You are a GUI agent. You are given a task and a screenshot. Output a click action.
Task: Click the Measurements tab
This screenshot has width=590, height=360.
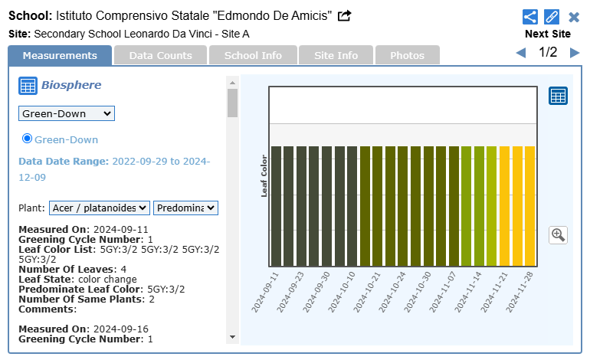click(x=60, y=55)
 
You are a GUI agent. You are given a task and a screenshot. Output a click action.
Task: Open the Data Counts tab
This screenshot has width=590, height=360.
click(x=160, y=55)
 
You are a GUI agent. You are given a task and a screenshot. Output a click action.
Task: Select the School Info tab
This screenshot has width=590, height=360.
click(x=253, y=55)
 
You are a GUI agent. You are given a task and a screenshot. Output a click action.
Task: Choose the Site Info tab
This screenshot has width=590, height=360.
click(x=336, y=55)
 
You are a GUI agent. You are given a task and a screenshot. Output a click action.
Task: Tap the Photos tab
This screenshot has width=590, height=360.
click(x=407, y=55)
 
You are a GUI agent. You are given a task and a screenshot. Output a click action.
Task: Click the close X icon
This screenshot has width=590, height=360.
click(x=574, y=17)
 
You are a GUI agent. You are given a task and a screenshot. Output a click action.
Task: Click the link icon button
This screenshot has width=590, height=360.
click(x=552, y=17)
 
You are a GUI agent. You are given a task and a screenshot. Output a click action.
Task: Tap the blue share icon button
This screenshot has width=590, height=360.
click(x=530, y=17)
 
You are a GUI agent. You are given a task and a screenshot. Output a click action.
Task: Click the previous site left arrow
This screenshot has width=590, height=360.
click(x=521, y=53)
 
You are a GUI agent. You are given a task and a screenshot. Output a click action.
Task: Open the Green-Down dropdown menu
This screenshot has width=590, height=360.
click(x=66, y=113)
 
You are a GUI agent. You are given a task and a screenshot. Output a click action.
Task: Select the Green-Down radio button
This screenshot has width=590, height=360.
click(x=28, y=139)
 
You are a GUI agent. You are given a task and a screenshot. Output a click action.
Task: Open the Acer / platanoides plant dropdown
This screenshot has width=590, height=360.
click(x=100, y=208)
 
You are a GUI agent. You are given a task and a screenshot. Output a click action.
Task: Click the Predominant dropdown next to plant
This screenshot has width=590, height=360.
click(x=186, y=208)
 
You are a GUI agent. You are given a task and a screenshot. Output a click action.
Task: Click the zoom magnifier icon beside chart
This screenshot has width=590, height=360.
click(x=558, y=235)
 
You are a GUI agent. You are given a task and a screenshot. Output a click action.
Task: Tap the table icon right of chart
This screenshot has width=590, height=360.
click(x=558, y=96)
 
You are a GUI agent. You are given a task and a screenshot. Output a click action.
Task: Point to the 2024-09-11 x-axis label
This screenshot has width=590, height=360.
click(x=265, y=290)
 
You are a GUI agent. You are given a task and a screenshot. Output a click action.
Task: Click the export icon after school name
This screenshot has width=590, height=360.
click(x=345, y=15)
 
